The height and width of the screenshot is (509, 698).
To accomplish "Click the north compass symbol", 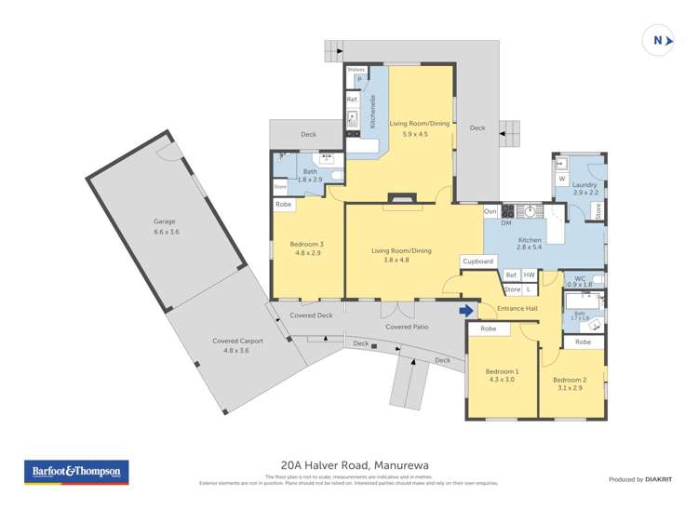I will tap(659, 40).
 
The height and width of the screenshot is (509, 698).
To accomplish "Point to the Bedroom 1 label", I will tap(503, 371).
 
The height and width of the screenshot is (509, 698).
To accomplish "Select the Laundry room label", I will tap(584, 185).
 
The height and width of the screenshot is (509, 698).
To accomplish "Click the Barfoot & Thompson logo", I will tap(75, 472).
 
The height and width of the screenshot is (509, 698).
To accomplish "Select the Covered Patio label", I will tap(407, 328).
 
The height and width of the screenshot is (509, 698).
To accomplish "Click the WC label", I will tap(579, 277).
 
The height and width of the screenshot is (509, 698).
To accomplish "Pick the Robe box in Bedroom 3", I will tap(284, 204).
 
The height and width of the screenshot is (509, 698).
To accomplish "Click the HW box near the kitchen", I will tap(529, 275).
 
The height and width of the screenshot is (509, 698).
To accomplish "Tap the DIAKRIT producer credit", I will tap(638, 479).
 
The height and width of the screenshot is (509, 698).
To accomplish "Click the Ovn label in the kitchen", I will tap(490, 211).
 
